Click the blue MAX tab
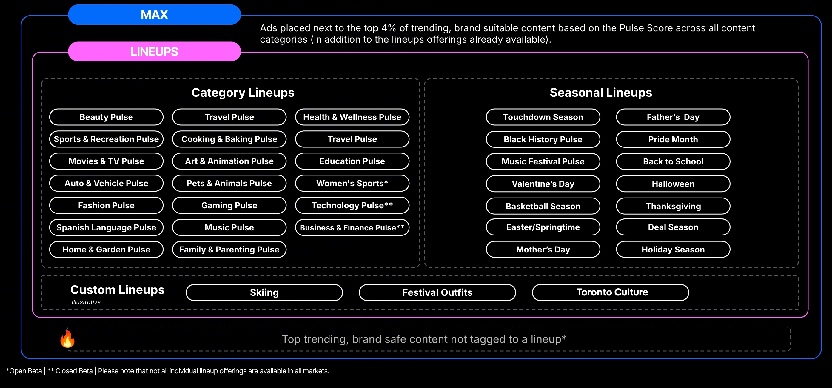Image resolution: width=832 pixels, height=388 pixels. point(154,15)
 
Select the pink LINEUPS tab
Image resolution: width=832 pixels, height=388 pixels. point(154,51)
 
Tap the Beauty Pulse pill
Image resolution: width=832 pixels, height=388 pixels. point(106,117)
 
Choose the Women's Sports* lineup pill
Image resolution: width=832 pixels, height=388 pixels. point(352,183)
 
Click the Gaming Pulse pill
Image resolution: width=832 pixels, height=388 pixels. point(229,205)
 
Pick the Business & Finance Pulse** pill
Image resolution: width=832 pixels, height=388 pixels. point(352,227)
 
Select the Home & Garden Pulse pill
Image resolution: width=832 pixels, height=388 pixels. point(106,250)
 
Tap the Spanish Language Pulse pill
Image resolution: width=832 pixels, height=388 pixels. point(106,227)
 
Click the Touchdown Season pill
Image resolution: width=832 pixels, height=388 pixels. point(543,117)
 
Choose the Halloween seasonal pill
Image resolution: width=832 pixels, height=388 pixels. point(673,184)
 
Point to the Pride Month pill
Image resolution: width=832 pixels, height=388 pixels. point(673,139)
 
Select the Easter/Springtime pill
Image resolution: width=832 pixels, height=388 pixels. point(543,227)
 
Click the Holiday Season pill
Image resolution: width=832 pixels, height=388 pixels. point(673,250)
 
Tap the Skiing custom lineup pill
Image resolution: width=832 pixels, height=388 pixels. point(264,292)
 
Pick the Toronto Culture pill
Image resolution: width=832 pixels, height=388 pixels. point(611,292)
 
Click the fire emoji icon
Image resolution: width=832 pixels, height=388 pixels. point(67,338)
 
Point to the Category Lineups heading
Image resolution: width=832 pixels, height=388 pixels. point(243,93)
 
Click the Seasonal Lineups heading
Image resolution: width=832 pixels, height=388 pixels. point(601,93)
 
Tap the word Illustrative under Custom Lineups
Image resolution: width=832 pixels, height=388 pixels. point(86,302)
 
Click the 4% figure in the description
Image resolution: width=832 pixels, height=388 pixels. point(389,28)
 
